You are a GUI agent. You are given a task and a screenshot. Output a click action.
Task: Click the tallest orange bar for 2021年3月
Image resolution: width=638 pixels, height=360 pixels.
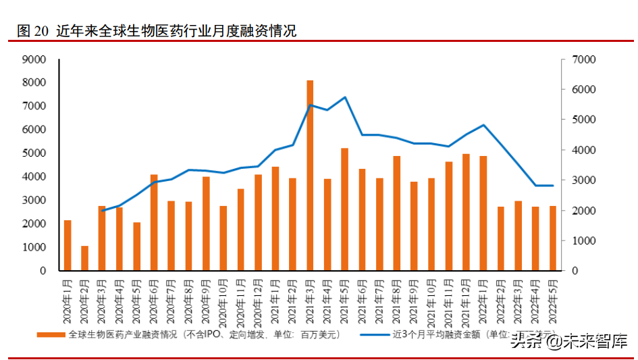(x=310, y=176)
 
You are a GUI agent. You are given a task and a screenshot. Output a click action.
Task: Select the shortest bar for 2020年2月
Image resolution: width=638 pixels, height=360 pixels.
(x=84, y=258)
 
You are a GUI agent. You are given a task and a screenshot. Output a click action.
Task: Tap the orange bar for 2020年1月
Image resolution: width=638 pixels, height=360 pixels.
(x=68, y=245)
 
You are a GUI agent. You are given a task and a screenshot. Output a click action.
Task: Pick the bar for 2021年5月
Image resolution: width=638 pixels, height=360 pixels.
(x=344, y=209)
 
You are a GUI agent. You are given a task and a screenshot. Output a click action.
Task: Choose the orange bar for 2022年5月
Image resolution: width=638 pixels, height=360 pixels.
(x=552, y=238)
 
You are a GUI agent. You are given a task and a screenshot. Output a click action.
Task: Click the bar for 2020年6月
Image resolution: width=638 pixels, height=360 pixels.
(x=154, y=223)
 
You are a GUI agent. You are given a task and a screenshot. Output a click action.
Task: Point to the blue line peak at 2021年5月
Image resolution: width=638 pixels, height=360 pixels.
(x=344, y=97)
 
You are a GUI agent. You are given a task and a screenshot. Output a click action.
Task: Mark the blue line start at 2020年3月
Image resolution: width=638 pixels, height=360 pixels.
(x=102, y=211)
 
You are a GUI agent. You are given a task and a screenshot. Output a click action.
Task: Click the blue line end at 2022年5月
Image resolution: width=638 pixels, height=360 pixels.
(x=552, y=186)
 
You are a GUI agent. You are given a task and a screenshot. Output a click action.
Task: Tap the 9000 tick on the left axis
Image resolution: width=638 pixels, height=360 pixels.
(x=34, y=59)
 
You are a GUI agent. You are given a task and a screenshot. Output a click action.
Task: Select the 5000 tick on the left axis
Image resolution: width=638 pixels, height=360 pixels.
(x=34, y=153)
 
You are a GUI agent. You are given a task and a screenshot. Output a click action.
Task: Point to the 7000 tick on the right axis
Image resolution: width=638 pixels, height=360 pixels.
(x=583, y=59)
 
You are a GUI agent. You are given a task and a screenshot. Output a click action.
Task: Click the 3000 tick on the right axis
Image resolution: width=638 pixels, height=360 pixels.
(x=583, y=180)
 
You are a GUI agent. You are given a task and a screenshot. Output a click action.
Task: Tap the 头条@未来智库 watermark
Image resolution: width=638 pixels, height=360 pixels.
(x=568, y=340)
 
